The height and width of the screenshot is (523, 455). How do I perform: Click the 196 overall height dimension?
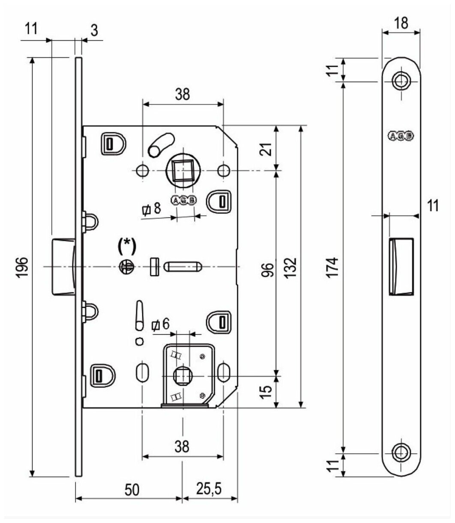pos(23,267)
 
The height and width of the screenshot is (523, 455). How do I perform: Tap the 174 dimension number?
pos(335,267)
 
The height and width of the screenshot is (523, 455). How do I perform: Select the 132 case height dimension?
pos(291,267)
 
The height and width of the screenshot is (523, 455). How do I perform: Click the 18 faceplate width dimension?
pos(401,23)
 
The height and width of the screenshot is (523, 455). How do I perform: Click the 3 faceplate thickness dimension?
pos(94,30)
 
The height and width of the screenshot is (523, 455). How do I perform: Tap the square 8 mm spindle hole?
pos(183,170)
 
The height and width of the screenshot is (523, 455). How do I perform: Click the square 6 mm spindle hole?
pos(183,376)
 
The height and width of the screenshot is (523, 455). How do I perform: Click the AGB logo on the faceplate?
pos(401,137)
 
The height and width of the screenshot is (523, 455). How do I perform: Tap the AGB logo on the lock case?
pos(183,200)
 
